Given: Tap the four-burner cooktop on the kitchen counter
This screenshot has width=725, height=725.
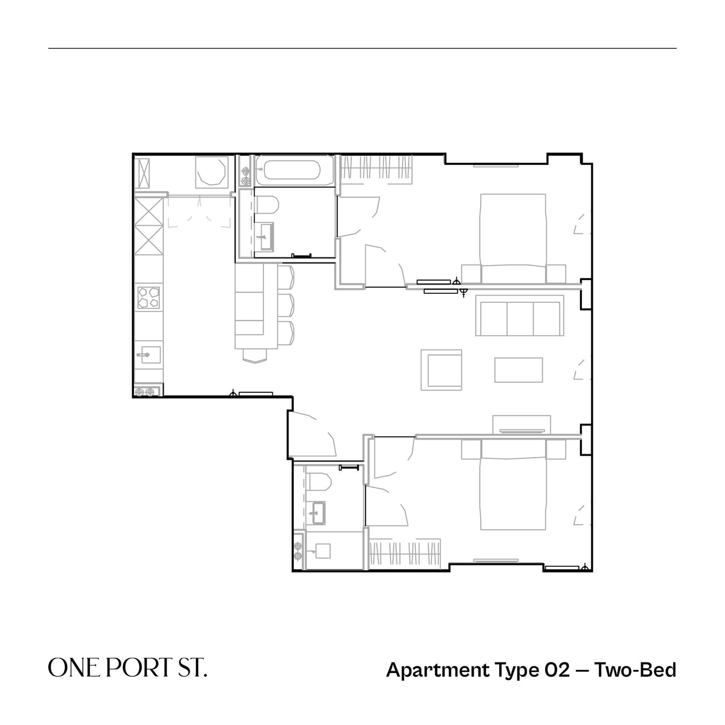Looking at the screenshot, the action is [149, 298].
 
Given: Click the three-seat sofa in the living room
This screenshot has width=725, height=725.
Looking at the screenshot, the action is [520, 316].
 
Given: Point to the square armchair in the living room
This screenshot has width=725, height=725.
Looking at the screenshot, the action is [441, 370].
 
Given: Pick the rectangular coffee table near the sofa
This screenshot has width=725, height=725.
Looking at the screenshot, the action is [519, 370].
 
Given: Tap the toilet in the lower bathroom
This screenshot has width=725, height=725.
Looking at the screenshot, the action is [319, 482].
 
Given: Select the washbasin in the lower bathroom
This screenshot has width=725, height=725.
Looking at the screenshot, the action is [318, 513].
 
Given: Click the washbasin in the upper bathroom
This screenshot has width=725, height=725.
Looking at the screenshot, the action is [266, 236].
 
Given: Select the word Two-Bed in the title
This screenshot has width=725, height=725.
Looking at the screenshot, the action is [635, 670].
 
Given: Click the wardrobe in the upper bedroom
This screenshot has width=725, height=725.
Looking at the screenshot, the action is [377, 169].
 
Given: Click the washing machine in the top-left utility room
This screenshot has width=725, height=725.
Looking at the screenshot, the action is [211, 172].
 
